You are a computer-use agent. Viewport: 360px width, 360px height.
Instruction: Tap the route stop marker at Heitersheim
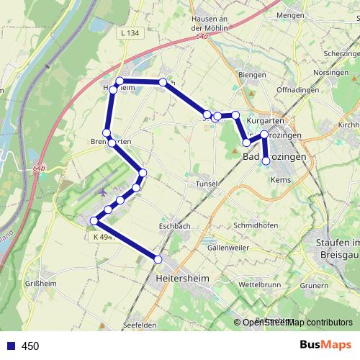click(x=158, y=259)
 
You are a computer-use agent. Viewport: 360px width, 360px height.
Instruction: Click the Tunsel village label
click(x=207, y=184)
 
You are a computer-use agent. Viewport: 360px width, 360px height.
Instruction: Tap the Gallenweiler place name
click(x=228, y=247)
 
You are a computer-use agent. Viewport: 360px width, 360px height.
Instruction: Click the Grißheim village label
click(x=41, y=282)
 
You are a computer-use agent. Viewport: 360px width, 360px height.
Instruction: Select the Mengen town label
click(x=289, y=14)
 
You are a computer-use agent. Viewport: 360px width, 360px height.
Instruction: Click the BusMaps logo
click(x=323, y=345)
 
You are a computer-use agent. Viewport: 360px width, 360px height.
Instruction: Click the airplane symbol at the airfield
click(x=103, y=192)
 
